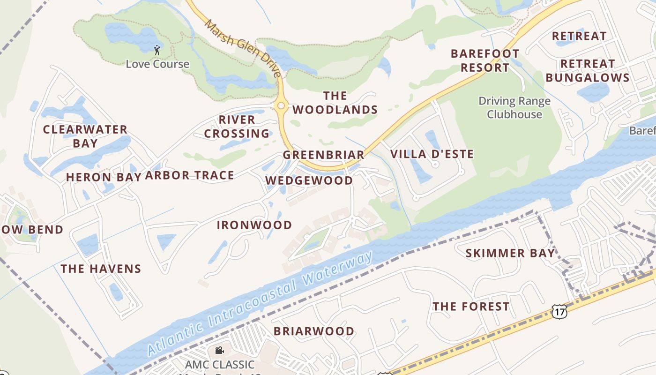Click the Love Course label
[x=157, y=64]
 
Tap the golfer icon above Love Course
[x=157, y=50]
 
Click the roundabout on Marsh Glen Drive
[x=281, y=106]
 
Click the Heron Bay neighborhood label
[x=103, y=177]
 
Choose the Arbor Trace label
[x=189, y=176]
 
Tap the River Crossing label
[x=237, y=127]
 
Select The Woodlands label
[x=335, y=103]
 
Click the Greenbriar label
[x=323, y=155]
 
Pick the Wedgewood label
[x=309, y=180]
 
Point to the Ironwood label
[x=254, y=225]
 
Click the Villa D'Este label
[x=432, y=154]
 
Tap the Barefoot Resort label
[x=485, y=60]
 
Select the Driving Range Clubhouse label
[x=514, y=108]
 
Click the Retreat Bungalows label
[x=587, y=70]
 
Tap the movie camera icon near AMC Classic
[x=219, y=350]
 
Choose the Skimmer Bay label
[x=510, y=254]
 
